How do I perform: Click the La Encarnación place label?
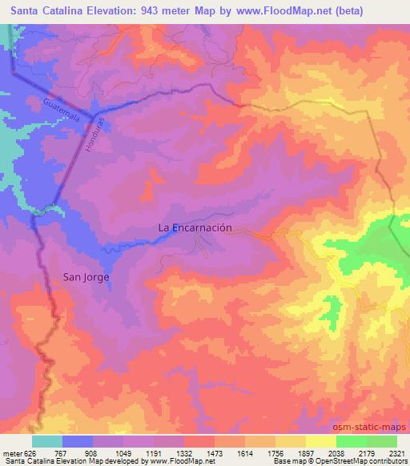[x=195, y=227]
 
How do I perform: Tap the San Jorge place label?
[x=86, y=278]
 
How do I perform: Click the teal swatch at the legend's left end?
[x=47, y=441]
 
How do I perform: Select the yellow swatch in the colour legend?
[x=320, y=441]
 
